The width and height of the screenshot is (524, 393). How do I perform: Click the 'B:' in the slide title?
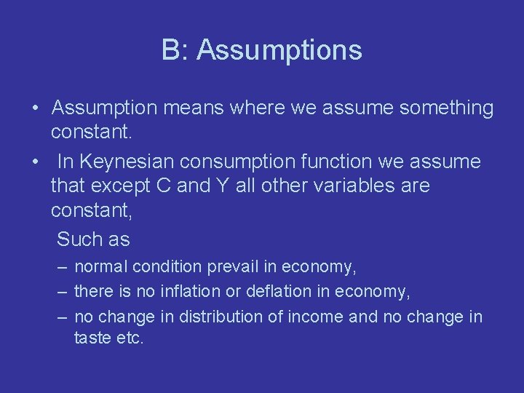click(175, 50)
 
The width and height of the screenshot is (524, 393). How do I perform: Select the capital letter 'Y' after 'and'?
click(223, 186)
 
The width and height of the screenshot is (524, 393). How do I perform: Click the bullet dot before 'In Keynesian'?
click(36, 162)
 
